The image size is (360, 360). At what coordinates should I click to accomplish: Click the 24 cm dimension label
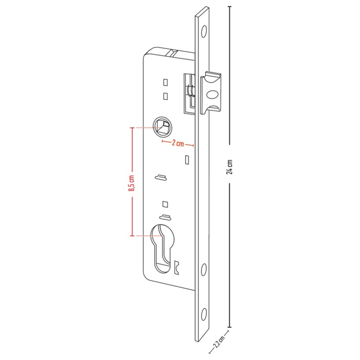pos(230,167)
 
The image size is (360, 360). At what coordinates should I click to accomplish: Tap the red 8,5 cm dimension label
pos(132,183)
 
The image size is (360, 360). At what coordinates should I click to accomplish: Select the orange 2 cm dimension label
pos(178,143)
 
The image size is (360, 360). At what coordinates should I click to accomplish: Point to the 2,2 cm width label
pos(218,342)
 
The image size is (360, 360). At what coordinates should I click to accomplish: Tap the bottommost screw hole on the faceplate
pos(204,314)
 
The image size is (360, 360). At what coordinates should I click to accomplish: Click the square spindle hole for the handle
pos(163,127)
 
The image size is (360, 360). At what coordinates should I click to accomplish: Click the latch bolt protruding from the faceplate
pos(211,93)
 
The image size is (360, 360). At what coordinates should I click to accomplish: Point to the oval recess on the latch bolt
pos(213,95)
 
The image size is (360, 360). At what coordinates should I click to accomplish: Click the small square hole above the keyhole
pos(165,204)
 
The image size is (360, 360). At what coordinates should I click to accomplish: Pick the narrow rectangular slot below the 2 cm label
pos(187,160)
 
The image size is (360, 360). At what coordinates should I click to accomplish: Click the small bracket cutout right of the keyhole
pos(176,267)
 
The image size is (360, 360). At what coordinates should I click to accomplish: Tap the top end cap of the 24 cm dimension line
pos(229,7)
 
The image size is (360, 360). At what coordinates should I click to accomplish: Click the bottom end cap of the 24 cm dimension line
pos(229,327)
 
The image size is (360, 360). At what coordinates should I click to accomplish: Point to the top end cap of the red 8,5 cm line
pos(132,128)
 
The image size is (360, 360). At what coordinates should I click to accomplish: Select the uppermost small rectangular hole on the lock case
pos(165,83)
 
